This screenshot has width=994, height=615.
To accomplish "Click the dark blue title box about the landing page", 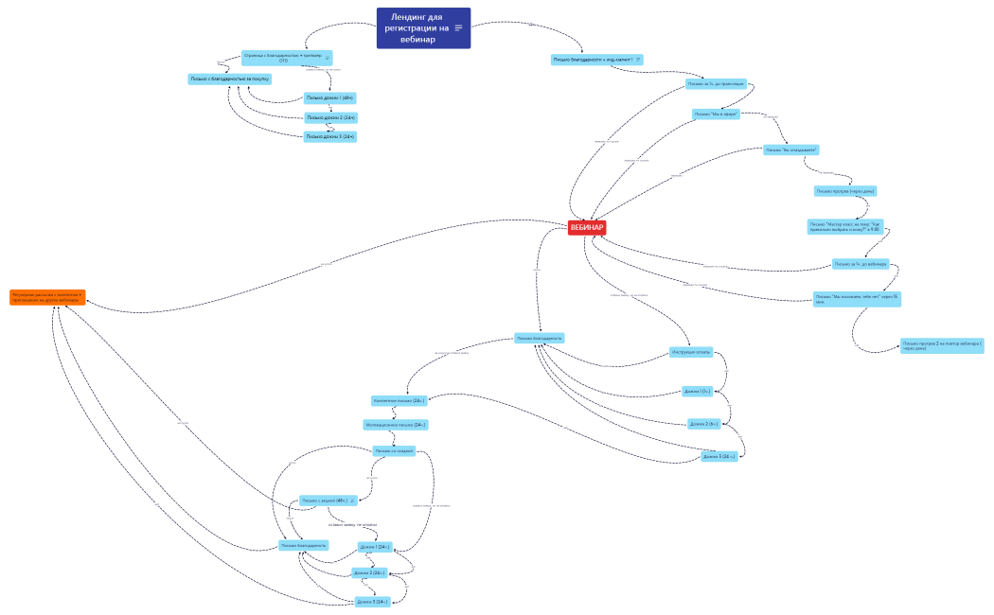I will pos(417,28).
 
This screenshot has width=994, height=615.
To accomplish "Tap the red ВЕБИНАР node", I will pos(587,227).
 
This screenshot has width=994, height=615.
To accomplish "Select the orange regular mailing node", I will pos(47,297).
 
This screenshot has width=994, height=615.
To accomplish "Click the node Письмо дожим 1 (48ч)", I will pos(329,97).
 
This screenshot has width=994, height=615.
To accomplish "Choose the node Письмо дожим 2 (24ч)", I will pos(330,117).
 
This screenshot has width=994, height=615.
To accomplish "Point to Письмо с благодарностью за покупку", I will pos(230,79).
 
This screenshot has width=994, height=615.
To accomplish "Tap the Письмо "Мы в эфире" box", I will pos(715,114).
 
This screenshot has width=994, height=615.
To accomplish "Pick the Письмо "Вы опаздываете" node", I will pos(790,149).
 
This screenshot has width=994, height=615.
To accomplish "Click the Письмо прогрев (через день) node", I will pos(845,191).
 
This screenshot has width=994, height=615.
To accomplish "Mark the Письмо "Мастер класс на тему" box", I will pos(844,226).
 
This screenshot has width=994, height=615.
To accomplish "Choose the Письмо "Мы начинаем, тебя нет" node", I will pos(857,299).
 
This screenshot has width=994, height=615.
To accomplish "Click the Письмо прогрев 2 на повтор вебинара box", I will pos(942,345).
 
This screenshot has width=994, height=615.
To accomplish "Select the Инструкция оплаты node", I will pos(691,352).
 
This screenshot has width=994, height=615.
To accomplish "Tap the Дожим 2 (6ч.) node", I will pos(704,424).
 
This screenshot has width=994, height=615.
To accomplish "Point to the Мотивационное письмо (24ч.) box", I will pos(396,425).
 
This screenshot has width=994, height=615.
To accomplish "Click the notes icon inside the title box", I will pos(459,27).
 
